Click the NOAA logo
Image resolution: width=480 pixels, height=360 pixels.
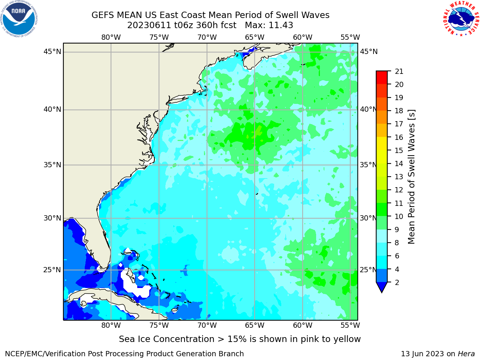[19, 19]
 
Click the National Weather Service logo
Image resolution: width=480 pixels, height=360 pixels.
[461, 19]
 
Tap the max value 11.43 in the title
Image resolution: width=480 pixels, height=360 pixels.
[280, 25]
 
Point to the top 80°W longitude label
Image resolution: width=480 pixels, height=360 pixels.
[111, 37]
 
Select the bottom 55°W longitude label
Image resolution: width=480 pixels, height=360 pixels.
[350, 325]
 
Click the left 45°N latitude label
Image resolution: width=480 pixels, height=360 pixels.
[52, 52]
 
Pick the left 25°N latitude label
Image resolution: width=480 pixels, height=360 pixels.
[52, 270]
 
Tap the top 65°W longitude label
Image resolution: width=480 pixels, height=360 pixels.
[255, 37]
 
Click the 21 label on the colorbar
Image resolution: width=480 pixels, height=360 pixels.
[399, 72]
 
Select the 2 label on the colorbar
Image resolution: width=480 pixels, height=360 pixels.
[397, 282]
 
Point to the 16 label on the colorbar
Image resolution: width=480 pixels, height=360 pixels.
[399, 137]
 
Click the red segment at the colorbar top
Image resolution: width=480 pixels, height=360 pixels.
[382, 77]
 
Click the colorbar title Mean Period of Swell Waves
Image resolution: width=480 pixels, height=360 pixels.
[411, 177]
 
